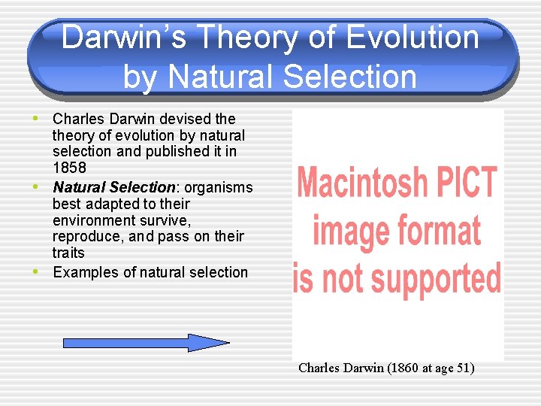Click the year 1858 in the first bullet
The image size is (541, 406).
coord(69,168)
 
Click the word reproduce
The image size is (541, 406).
coord(84,237)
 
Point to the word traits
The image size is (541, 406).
coord(68,253)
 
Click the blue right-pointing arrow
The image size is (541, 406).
coord(147,343)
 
